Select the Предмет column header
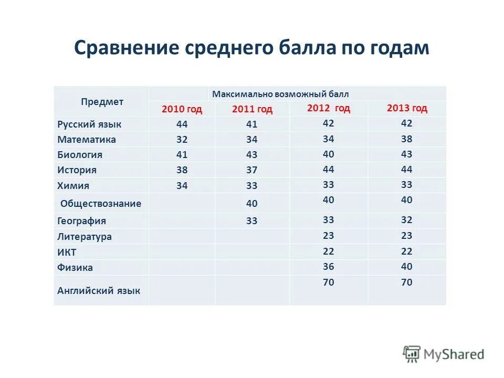pyautogui.click(x=102, y=102)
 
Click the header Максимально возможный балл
pyautogui.click(x=280, y=94)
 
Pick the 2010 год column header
pyautogui.click(x=182, y=109)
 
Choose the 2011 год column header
pyautogui.click(x=252, y=109)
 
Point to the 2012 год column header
pyautogui.click(x=328, y=108)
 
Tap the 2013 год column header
pyautogui.click(x=407, y=108)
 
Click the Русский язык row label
pyautogui.click(x=89, y=124)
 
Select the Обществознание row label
pyautogui.click(x=101, y=203)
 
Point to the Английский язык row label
pyautogui.click(x=99, y=290)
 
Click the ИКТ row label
pyautogui.click(x=67, y=252)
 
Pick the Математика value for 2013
pyautogui.click(x=407, y=139)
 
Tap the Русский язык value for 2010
pyautogui.click(x=182, y=124)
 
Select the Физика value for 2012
pyautogui.click(x=329, y=266)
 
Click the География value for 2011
pyautogui.click(x=252, y=221)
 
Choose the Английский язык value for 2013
pyautogui.click(x=407, y=282)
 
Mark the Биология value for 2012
pyautogui.click(x=329, y=154)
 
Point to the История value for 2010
pyautogui.click(x=182, y=170)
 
